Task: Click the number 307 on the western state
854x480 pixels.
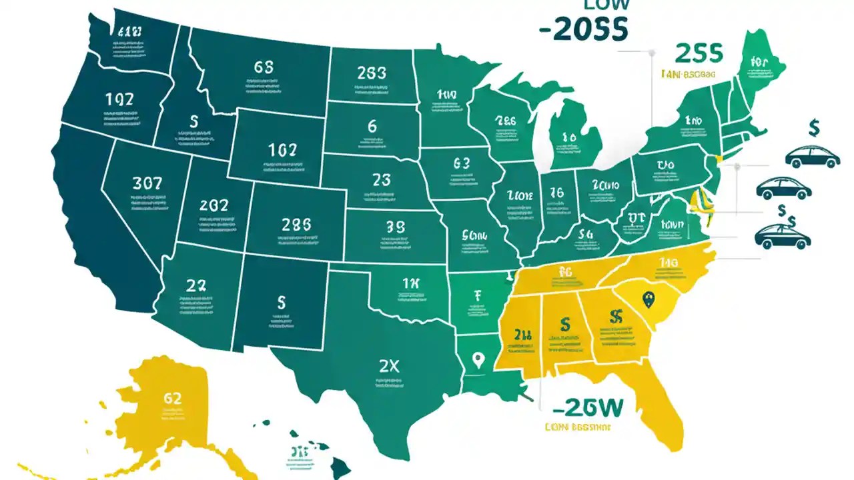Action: (147, 183)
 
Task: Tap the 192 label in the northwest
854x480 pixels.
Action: (119, 100)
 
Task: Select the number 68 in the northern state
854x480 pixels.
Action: (264, 67)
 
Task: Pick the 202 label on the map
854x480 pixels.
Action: (214, 205)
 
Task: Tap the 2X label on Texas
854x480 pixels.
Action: (389, 366)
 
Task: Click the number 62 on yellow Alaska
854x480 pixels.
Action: (172, 398)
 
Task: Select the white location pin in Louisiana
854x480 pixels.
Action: (476, 361)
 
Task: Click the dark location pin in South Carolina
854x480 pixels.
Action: (647, 300)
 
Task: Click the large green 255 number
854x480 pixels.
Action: (699, 53)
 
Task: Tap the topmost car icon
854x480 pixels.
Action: (812, 157)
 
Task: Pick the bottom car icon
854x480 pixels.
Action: (783, 236)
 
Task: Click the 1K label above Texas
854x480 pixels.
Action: (412, 283)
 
